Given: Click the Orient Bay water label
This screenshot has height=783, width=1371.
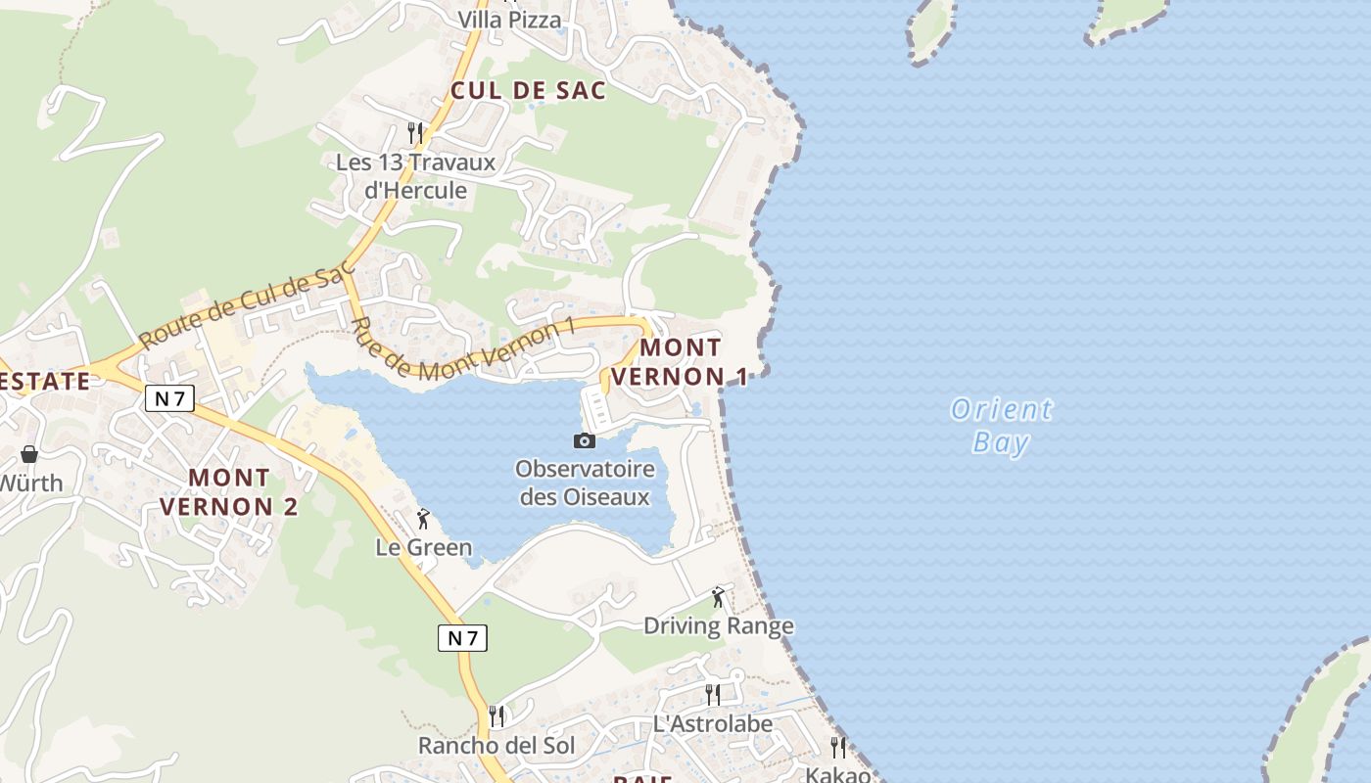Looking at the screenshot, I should pos(1001,425).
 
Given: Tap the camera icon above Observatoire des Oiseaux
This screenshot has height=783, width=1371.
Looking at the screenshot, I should pos(585,440).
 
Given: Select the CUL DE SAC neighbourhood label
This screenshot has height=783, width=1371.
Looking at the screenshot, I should pos(528,91).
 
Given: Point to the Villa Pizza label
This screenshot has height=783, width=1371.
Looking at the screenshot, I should pos(510,20).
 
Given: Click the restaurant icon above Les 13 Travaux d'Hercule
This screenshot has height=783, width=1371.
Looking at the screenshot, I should pos(415,132).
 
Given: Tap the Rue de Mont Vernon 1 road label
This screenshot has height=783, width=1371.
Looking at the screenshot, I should pos(463,350).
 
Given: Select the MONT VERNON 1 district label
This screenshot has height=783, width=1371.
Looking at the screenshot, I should pos(681,361).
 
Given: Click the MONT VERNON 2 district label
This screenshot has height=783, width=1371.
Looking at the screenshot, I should pos(229,492).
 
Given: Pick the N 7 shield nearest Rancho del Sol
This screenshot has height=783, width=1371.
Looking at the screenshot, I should pos(462,638).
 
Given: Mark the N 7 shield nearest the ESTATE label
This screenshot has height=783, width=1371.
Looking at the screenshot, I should pos(170,397).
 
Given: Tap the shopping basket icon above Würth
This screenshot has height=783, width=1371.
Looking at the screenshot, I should pos(29,454).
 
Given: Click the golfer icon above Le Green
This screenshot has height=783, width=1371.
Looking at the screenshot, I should pos(423,519).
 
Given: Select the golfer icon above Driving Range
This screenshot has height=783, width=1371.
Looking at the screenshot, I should pos(719,596).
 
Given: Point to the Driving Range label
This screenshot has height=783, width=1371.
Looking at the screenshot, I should pos(719,625).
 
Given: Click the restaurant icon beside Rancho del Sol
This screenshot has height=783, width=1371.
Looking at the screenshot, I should pos(497,716).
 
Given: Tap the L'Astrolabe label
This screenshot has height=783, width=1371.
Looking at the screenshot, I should pos(713,724).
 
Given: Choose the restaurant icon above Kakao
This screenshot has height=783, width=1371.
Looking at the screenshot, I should pos(838,747).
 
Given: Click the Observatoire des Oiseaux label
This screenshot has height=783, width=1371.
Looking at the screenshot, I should pos(585,483).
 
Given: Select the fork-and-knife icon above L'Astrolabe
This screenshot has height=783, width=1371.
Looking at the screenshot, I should pos(713,695).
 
